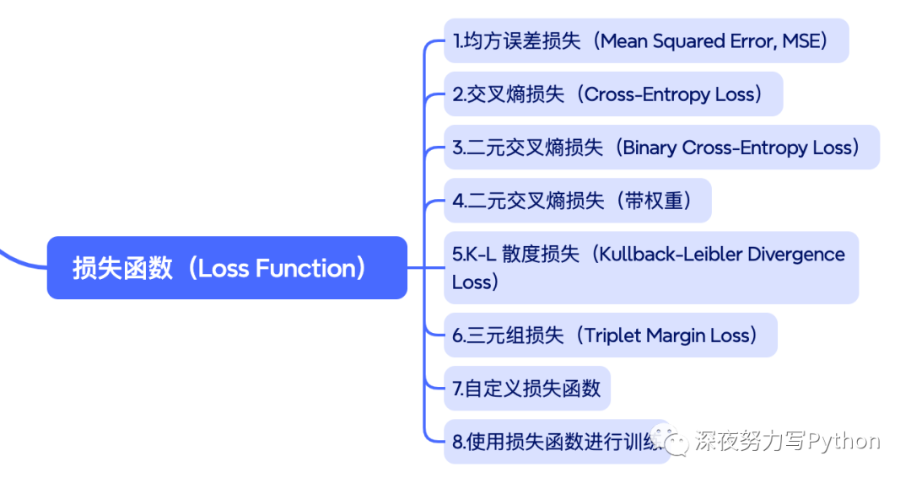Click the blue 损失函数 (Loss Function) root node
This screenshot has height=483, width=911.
click(x=227, y=267)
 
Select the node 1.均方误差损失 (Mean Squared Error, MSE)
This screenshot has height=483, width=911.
click(x=646, y=40)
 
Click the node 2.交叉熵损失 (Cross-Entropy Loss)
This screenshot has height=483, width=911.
click(x=613, y=94)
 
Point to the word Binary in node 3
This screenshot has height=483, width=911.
click(x=649, y=148)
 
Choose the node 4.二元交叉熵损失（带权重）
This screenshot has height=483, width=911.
click(x=578, y=201)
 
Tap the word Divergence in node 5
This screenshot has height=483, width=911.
click(x=796, y=255)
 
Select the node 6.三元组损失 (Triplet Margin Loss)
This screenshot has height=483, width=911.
click(x=611, y=335)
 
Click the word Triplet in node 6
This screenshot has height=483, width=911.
click(x=612, y=335)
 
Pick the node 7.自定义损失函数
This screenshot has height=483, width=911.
click(x=527, y=389)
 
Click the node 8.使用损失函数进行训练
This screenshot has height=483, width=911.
click(x=557, y=442)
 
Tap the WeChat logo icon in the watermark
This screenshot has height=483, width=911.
click(x=669, y=440)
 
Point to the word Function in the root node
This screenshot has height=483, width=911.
click(x=305, y=269)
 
